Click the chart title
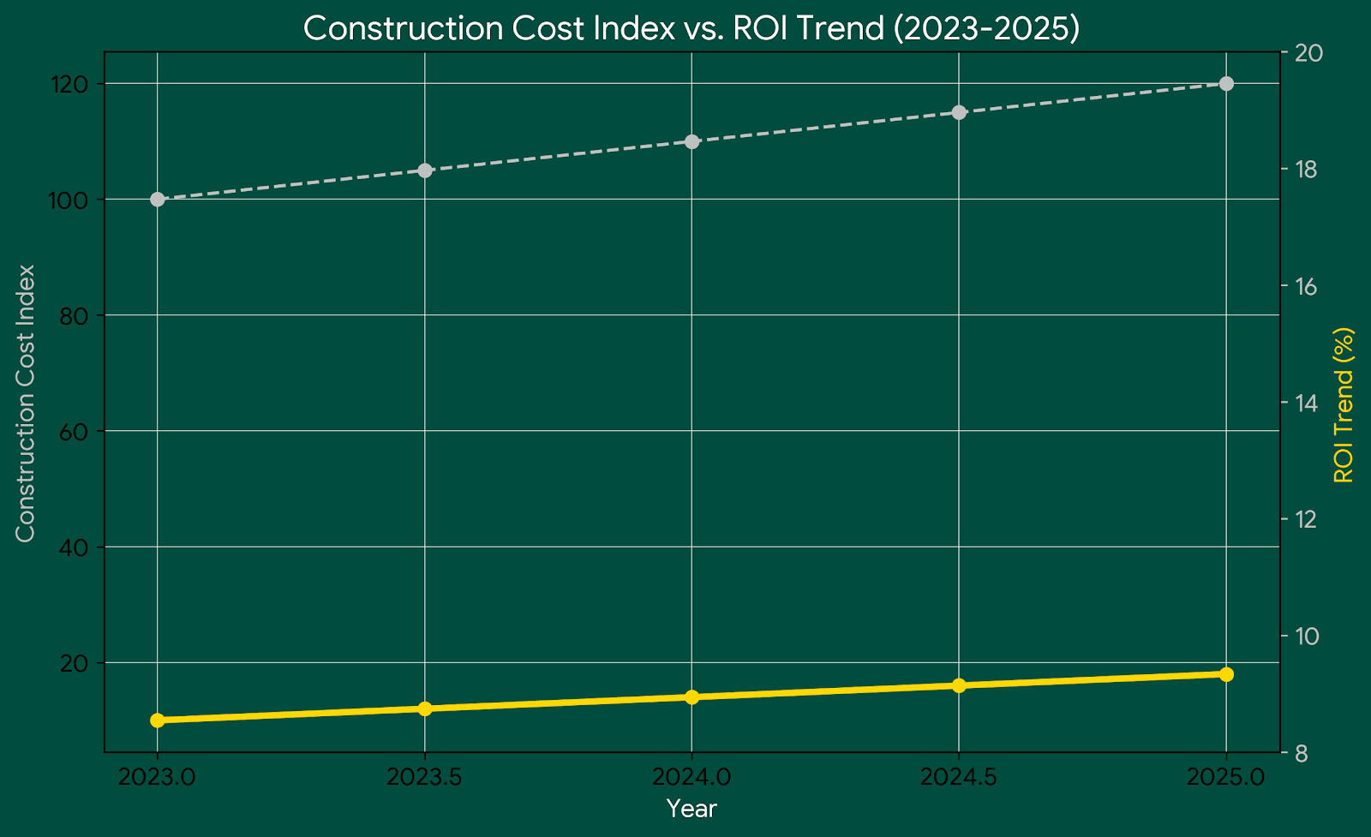[x=691, y=28]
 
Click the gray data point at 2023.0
[x=158, y=200]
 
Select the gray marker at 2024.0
[x=691, y=141]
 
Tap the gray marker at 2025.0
[x=1226, y=83]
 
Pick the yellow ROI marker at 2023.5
[x=425, y=708]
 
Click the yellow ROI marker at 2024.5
[x=959, y=685]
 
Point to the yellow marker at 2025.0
[x=1226, y=674]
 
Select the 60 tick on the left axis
[x=75, y=431]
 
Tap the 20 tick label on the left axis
[x=75, y=663]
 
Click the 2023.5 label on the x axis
[x=425, y=777]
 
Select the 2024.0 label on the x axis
[x=691, y=777]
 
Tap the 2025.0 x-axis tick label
[x=1226, y=777]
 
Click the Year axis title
[x=691, y=809]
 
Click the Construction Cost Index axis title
[x=26, y=403]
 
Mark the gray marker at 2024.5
[x=959, y=112]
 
